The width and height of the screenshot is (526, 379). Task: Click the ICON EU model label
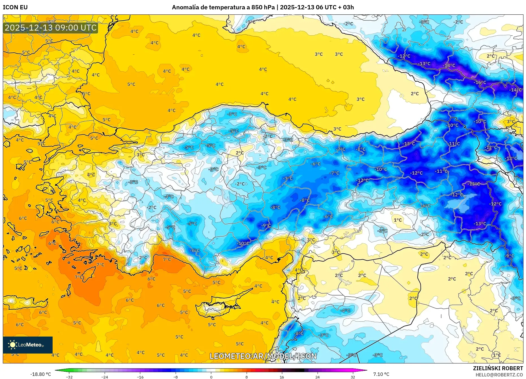[x=15, y=7]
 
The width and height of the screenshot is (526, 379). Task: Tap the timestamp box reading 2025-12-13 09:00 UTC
[x=51, y=28]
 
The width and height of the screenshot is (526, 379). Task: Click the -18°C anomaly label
[x=449, y=65]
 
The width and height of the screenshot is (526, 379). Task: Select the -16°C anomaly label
[x=480, y=82]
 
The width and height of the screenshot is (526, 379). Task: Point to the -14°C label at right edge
[x=516, y=90]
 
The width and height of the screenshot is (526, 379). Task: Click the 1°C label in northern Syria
[x=398, y=220]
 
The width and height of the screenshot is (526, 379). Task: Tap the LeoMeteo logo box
[x=28, y=345]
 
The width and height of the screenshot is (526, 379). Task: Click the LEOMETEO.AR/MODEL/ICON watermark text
[x=263, y=356]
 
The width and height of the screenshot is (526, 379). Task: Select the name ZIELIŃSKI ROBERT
[x=498, y=368]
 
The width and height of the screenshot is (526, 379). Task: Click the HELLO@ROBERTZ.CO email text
[x=499, y=375]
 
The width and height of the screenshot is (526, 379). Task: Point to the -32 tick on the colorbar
[x=69, y=377]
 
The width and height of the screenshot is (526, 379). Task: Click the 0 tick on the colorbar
[x=211, y=377]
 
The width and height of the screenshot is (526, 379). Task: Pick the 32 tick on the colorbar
[x=353, y=377]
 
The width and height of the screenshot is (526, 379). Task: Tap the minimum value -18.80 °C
[x=41, y=374]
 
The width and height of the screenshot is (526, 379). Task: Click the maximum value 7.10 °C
[x=381, y=374]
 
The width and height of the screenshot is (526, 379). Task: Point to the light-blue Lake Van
[x=462, y=203]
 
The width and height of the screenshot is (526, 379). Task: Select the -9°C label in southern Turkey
[x=266, y=225]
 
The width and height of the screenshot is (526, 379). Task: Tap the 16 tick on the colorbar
[x=282, y=377]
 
